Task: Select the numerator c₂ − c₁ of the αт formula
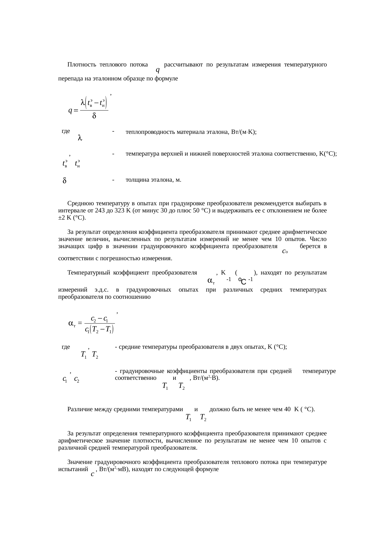click(99, 319)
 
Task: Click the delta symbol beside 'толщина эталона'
click(64, 180)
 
